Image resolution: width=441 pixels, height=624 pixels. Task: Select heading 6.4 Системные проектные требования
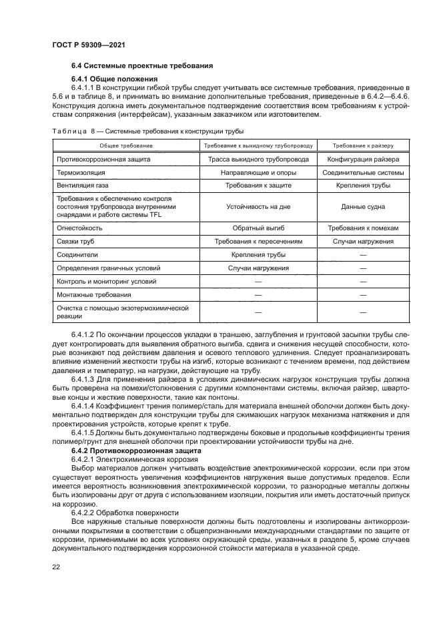(x=142, y=65)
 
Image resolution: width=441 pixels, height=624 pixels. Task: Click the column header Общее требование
(x=126, y=145)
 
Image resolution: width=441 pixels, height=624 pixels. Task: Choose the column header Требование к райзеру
(x=363, y=145)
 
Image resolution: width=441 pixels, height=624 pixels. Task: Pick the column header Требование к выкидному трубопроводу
(x=258, y=145)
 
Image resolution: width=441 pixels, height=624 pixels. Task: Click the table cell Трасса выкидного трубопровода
(x=258, y=160)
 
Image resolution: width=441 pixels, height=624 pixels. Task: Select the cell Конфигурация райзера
(x=363, y=160)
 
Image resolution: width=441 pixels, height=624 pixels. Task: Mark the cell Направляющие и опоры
(x=258, y=172)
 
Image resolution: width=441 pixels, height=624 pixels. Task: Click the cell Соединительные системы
(x=363, y=172)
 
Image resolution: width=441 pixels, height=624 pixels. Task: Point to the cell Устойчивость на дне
(x=258, y=206)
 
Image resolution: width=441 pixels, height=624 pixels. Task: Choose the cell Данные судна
(x=363, y=206)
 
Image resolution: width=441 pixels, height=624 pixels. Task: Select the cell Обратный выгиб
(x=258, y=228)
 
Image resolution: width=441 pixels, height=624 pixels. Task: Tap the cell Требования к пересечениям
(x=258, y=241)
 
